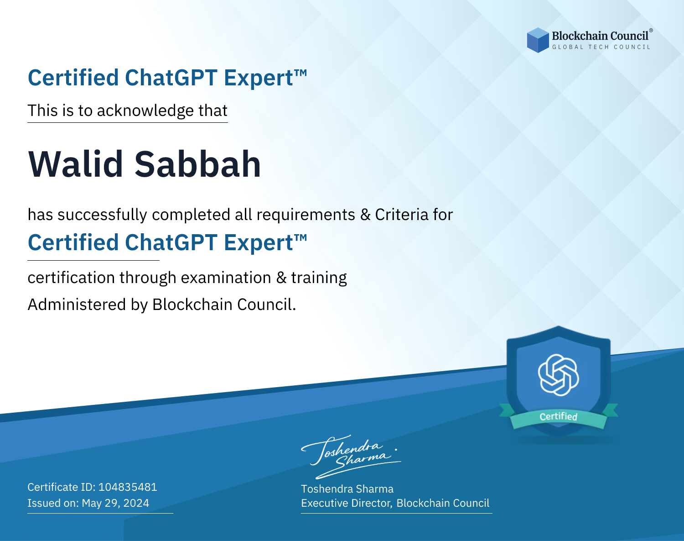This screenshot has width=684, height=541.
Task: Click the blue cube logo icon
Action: pyautogui.click(x=538, y=40)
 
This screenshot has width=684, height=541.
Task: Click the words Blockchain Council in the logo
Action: pyautogui.click(x=600, y=36)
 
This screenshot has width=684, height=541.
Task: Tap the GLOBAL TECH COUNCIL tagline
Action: pyautogui.click(x=601, y=47)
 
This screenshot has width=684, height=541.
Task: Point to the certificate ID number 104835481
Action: pyautogui.click(x=128, y=487)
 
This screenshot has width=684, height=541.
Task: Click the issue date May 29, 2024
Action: pyautogui.click(x=115, y=503)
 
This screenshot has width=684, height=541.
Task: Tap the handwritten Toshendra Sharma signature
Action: pyautogui.click(x=351, y=457)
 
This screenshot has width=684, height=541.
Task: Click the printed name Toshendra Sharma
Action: pyautogui.click(x=347, y=489)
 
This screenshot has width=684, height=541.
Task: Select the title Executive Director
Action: pyautogui.click(x=347, y=503)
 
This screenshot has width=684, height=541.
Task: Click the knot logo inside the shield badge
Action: pyautogui.click(x=559, y=375)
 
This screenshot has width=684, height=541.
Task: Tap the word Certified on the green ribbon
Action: pyautogui.click(x=559, y=416)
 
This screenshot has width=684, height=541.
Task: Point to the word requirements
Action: pyautogui.click(x=306, y=215)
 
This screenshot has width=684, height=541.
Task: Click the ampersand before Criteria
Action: pyautogui.click(x=365, y=215)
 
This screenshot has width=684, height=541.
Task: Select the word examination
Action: pyautogui.click(x=226, y=277)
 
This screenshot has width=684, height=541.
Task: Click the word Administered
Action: pyautogui.click(x=77, y=305)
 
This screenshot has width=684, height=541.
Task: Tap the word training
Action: pyautogui.click(x=319, y=278)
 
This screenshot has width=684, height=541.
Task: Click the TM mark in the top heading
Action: pyautogui.click(x=301, y=73)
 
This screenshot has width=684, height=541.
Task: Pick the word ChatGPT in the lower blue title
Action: pyautogui.click(x=171, y=242)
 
